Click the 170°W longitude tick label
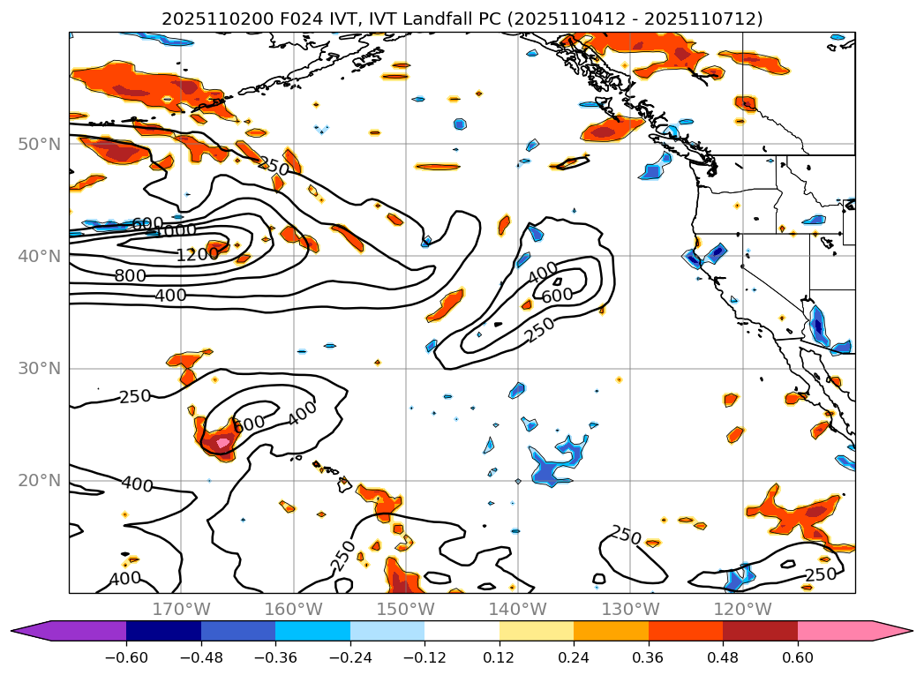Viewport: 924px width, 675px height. pyautogui.click(x=181, y=609)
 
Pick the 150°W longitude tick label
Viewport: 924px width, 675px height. pyautogui.click(x=405, y=609)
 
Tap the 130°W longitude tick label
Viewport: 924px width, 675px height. pyautogui.click(x=630, y=609)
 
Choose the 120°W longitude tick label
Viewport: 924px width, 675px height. pyautogui.click(x=742, y=609)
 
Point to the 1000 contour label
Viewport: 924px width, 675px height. pyautogui.click(x=176, y=232)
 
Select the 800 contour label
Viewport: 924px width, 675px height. pyautogui.click(x=130, y=275)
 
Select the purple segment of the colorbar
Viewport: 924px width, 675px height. pyautogui.click(x=75, y=631)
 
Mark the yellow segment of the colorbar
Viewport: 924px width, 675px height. pyautogui.click(x=537, y=631)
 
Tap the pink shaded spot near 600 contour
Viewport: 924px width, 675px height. pyautogui.click(x=221, y=443)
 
